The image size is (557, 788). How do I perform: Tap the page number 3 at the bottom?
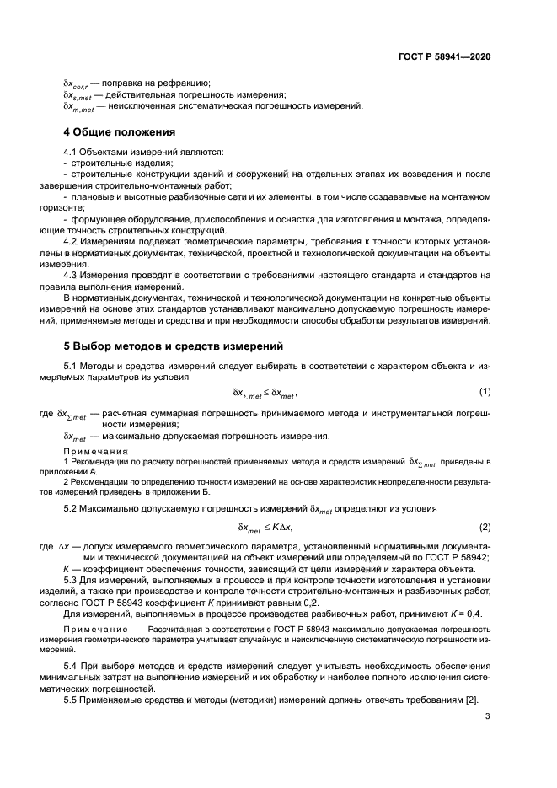[x=487, y=716]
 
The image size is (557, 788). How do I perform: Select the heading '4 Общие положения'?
[x=120, y=133]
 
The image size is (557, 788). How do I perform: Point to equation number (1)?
[x=485, y=392]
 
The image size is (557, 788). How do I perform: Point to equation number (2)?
[x=485, y=527]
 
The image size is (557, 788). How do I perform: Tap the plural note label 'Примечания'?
[x=94, y=452]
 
